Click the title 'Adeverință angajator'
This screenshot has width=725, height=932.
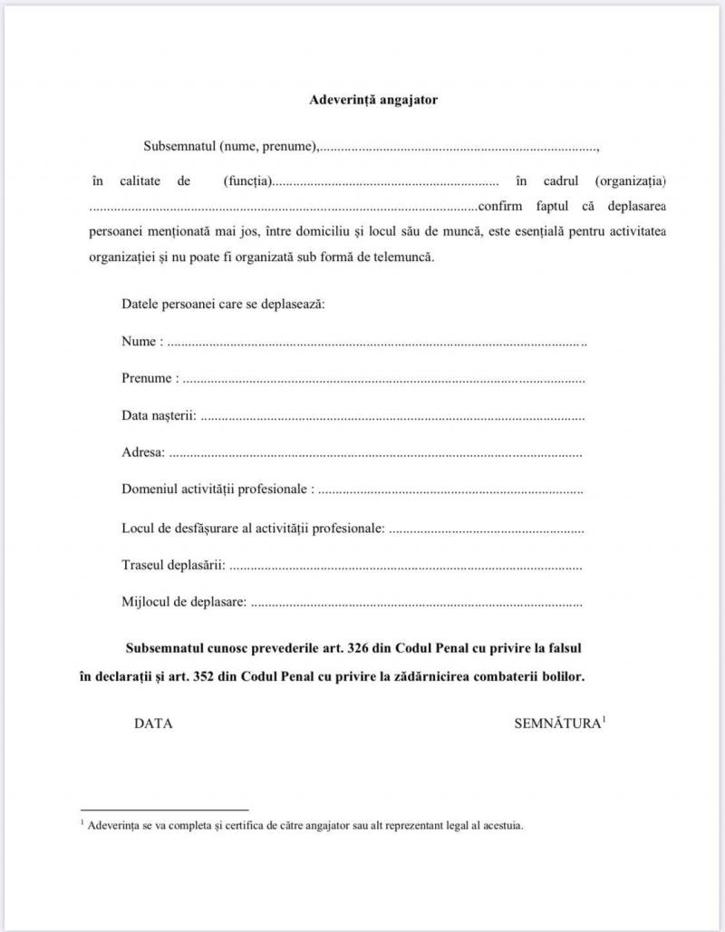tap(373, 100)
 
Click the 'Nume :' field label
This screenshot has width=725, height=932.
tap(142, 342)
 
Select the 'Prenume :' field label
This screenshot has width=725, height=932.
tap(150, 379)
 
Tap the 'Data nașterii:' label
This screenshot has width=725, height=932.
tap(159, 416)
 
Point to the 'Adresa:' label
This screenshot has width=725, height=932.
tap(143, 452)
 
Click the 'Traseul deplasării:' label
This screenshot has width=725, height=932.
tap(173, 565)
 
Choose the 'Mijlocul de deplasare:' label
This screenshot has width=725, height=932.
tap(184, 601)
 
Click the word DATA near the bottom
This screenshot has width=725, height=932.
tap(153, 723)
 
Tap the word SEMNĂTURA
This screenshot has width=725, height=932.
tap(557, 723)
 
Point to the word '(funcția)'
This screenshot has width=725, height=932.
tap(247, 181)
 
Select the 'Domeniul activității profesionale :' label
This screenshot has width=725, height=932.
tap(218, 490)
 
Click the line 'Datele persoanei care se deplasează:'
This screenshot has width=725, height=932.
tap(223, 304)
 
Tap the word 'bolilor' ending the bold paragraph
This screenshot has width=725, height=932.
tap(562, 676)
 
